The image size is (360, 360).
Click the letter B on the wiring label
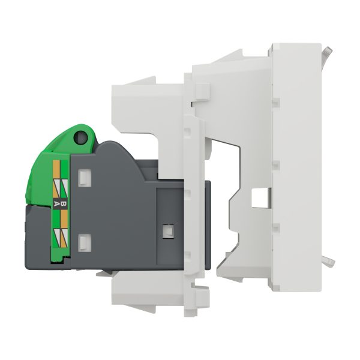64,203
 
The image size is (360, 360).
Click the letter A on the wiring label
56,203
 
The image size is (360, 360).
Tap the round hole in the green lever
80,137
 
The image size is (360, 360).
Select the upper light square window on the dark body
85,178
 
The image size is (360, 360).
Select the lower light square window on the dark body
85,242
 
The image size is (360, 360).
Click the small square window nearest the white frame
168,231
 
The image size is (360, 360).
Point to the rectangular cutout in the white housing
261,197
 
